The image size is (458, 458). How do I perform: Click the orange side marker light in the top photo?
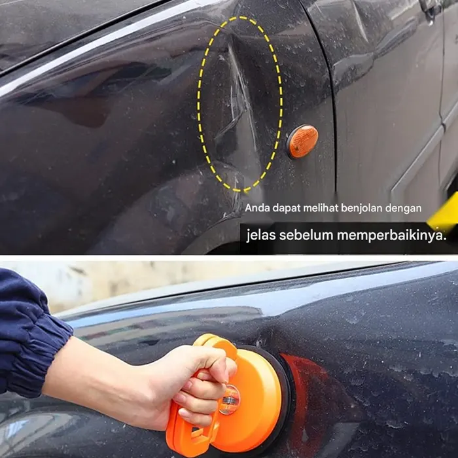tap(302, 141)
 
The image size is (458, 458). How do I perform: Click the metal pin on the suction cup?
tap(229, 398)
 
